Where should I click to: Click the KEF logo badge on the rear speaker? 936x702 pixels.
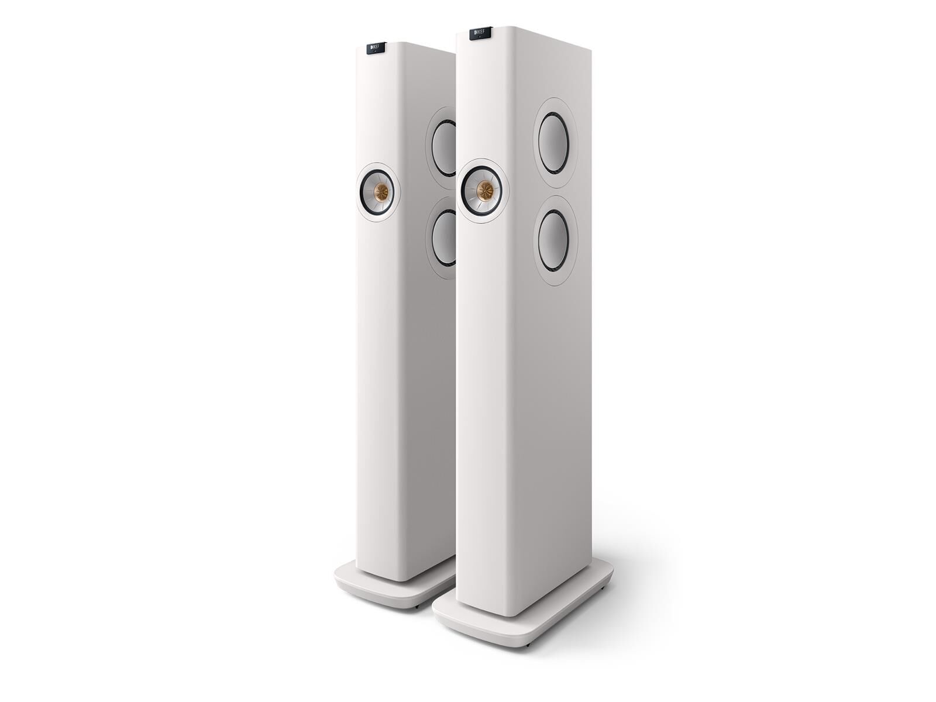pyautogui.click(x=376, y=48)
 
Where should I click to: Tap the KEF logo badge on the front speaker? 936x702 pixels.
pyautogui.click(x=478, y=33)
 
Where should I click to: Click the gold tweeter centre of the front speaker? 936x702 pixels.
pyautogui.click(x=484, y=190)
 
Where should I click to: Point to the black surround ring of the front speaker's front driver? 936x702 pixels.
pyautogui.click(x=466, y=191)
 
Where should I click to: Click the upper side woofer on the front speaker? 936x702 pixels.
pyautogui.click(x=553, y=143)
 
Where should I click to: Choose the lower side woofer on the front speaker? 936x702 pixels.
pyautogui.click(x=555, y=241)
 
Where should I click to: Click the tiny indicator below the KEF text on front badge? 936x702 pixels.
pyautogui.click(x=478, y=37)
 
